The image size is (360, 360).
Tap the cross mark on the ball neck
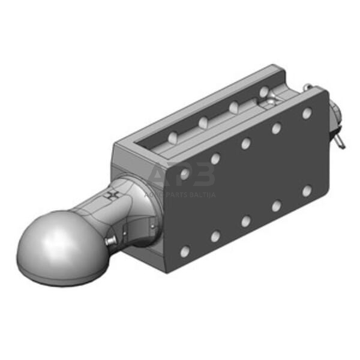tap(110, 196)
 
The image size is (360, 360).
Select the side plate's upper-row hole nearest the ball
tap(184, 174)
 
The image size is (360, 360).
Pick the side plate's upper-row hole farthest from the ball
tap(307, 113)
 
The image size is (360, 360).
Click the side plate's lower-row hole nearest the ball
tap(185, 252)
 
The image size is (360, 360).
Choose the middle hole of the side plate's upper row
tap(245, 144)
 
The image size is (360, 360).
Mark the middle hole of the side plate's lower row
tap(246, 221)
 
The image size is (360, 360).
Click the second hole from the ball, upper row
tap(215, 159)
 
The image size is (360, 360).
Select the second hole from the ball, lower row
tap(215, 236)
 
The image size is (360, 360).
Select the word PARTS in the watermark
tap(178, 196)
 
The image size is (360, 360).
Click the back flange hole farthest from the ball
tap(263, 92)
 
